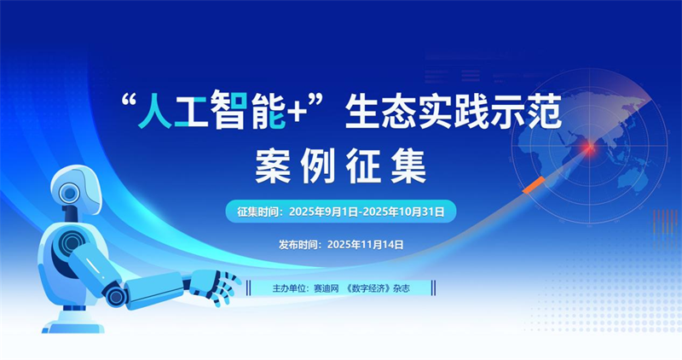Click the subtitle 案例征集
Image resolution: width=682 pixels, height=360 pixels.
click(340, 165)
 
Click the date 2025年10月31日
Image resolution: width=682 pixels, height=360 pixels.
click(403, 210)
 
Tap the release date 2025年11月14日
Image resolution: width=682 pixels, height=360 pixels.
click(365, 244)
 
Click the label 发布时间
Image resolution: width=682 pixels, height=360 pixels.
click(299, 244)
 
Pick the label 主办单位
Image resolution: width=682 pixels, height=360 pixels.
click(292, 288)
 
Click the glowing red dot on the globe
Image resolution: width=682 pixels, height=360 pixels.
click(587, 148)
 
